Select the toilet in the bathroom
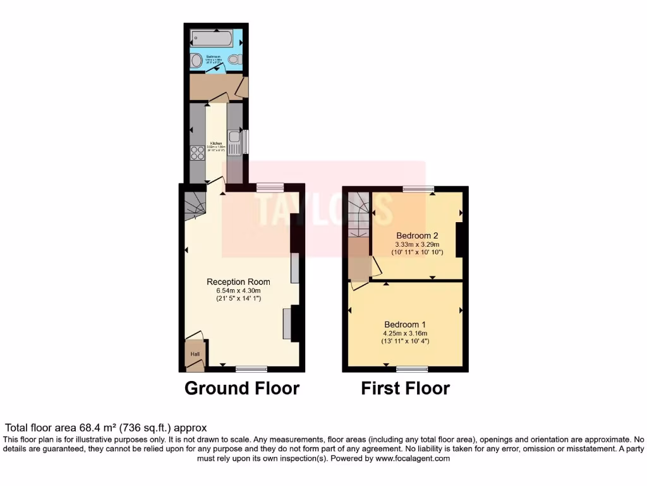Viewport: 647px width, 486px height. (235, 60)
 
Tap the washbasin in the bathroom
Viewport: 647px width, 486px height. (197, 61)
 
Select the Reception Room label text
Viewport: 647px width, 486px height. (239, 282)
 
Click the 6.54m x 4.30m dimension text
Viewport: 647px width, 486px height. (239, 290)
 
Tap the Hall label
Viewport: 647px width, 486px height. (195, 354)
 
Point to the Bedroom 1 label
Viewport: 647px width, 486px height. (405, 325)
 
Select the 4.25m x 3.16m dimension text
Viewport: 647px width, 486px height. (405, 333)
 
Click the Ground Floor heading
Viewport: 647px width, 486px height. (241, 388)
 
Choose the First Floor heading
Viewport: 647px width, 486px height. (405, 388)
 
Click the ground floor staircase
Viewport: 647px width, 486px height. (195, 206)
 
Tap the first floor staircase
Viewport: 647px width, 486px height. (358, 215)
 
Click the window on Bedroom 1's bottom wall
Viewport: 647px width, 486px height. (412, 368)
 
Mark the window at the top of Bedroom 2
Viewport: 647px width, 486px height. (419, 188)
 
